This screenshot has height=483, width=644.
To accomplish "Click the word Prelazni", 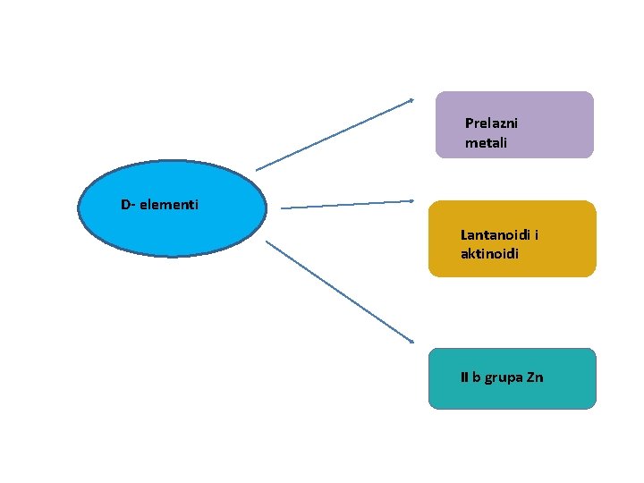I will [x=491, y=123].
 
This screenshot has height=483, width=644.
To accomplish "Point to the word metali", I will [x=486, y=143].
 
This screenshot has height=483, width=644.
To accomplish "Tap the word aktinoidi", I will [x=489, y=254].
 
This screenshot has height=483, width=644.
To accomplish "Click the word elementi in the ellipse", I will [x=170, y=206].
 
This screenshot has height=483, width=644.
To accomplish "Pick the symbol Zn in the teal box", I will [x=534, y=377].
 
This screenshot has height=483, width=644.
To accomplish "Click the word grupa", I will [x=502, y=378].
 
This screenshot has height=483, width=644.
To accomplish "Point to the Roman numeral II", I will [x=464, y=377].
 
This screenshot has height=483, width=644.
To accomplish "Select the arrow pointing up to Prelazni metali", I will [x=335, y=134].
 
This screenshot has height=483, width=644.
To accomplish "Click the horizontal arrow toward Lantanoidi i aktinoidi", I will [x=347, y=205].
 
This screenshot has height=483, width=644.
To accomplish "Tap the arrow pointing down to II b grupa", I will [x=340, y=292].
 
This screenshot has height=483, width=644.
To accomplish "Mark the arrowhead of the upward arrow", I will [x=411, y=99].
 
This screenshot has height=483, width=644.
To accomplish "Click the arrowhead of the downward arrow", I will [x=411, y=341].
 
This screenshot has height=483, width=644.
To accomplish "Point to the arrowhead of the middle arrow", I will [x=411, y=201].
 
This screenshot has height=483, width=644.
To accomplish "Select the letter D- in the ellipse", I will [x=127, y=206].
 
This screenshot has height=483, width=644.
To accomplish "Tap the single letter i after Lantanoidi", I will [x=536, y=235].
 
